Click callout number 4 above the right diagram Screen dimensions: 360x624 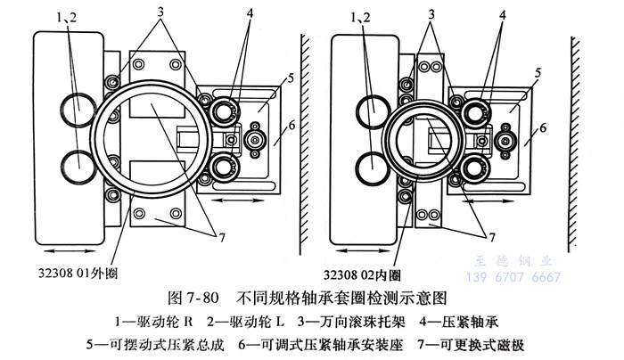coord(504,16)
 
